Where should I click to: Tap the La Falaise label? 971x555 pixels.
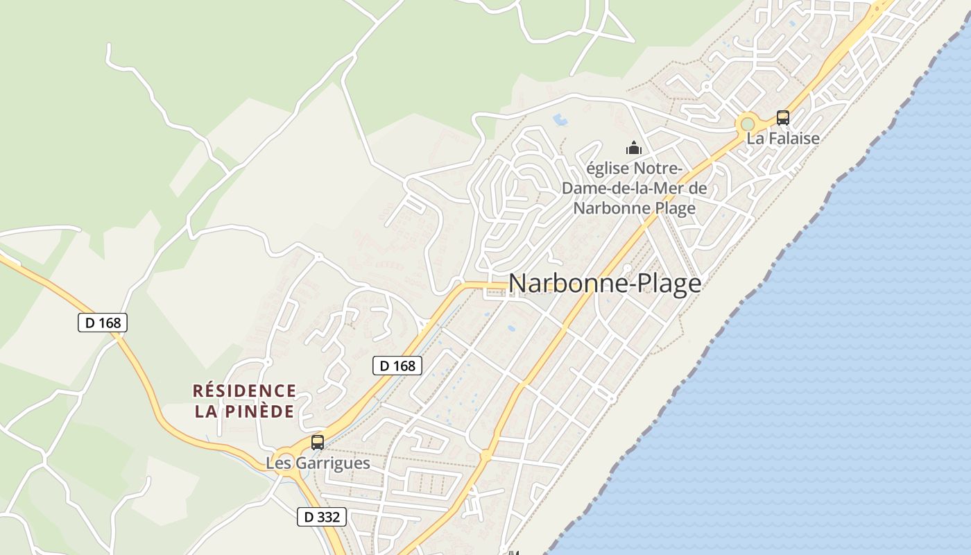(x=783, y=139)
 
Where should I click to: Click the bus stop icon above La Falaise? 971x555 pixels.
(x=783, y=118)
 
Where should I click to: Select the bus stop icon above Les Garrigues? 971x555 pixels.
(x=318, y=442)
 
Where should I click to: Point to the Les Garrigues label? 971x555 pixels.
(x=318, y=463)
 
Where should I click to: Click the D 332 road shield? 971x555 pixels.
(x=321, y=517)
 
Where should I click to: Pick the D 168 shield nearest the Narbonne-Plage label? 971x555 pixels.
(x=397, y=366)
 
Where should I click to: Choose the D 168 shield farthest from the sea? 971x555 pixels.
(x=103, y=323)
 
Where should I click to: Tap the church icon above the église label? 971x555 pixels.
(x=633, y=148)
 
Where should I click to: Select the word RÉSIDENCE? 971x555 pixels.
(x=244, y=391)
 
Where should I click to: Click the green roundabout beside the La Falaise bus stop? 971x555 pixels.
(x=747, y=124)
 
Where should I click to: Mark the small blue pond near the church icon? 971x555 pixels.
(x=560, y=120)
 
